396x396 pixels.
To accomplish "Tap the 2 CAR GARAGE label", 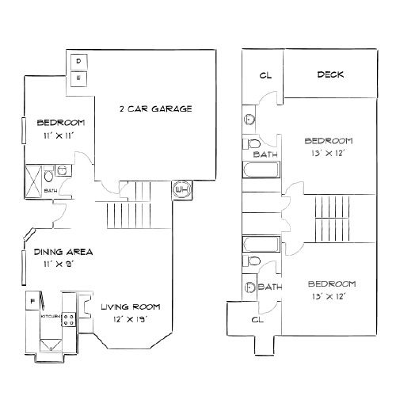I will (155, 109).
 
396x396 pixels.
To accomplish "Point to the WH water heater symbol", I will (180, 191).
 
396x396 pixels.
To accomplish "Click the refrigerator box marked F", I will (32, 302).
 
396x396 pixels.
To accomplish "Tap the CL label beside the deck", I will (265, 76).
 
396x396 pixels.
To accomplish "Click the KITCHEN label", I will (50, 315).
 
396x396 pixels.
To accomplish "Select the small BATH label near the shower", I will (51, 191).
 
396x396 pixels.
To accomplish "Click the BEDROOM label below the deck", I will (328, 141).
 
